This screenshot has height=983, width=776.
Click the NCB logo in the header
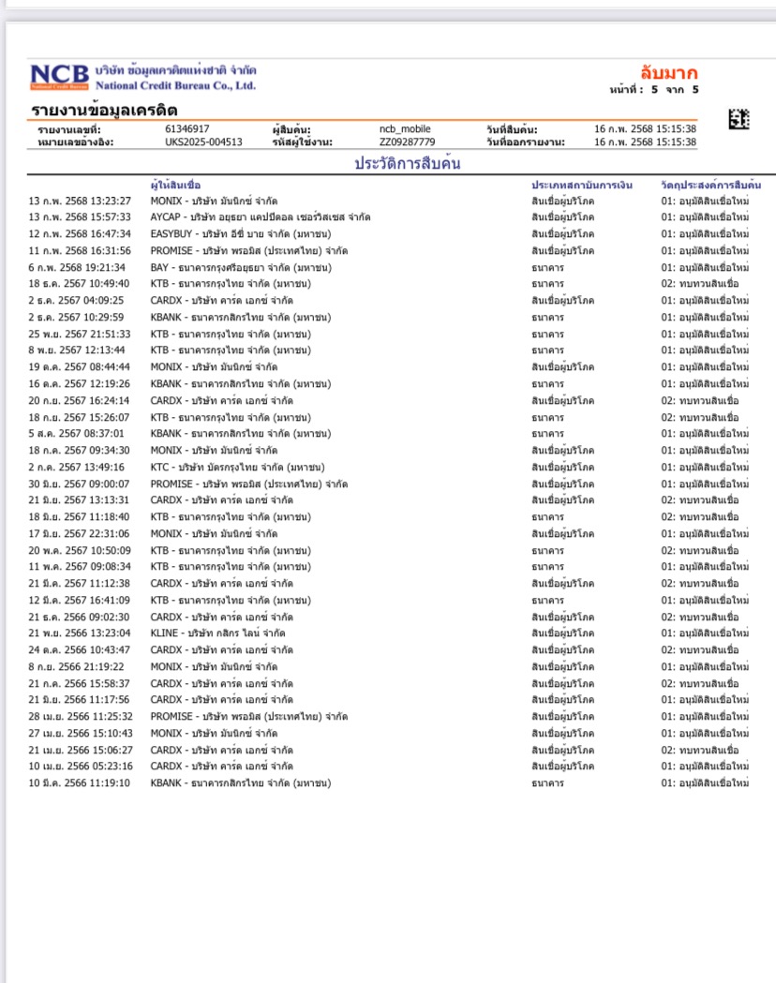tap(60, 76)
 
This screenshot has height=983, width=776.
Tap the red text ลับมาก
tap(669, 73)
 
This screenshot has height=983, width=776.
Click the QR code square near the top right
tap(739, 119)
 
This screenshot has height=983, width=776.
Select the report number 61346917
tap(187, 128)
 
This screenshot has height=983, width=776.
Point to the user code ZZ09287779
tap(407, 142)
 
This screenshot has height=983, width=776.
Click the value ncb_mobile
tap(405, 128)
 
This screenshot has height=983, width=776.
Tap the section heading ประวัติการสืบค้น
tap(407, 163)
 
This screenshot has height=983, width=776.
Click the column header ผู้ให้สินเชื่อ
tap(175, 185)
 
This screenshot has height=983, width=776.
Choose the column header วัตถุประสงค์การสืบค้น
tap(710, 185)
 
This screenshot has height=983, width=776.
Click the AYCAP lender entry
tap(261, 217)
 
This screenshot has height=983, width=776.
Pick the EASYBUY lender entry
tap(240, 234)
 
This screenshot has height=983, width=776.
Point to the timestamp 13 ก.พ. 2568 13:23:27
tap(80, 201)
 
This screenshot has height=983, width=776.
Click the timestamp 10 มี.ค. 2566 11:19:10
tap(80, 783)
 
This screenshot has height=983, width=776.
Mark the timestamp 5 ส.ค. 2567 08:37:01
tap(76, 434)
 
